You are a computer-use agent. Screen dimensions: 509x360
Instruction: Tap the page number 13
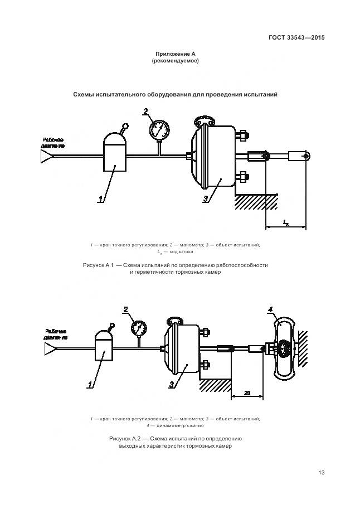322,473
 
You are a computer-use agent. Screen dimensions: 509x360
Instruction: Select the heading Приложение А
175,54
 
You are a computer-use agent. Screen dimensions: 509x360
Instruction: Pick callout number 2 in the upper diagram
145,111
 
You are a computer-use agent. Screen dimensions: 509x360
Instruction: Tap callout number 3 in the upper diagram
206,198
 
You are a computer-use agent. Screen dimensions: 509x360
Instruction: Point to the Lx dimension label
286,222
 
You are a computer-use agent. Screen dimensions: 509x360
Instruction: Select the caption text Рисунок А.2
126,439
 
